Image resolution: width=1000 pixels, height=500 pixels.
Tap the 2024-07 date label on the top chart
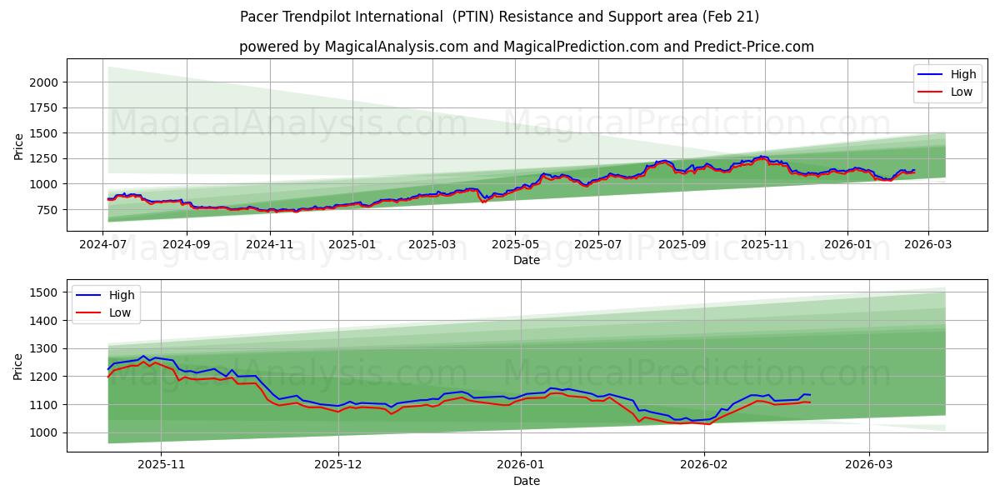point(103,244)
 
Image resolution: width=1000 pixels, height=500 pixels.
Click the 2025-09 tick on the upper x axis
point(682,244)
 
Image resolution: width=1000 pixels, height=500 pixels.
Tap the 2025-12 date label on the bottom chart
point(339,464)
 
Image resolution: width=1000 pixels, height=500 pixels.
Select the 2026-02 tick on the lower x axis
point(704,464)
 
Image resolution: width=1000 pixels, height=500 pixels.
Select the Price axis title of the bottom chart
point(19,366)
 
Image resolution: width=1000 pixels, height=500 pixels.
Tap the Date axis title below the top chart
point(526,260)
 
